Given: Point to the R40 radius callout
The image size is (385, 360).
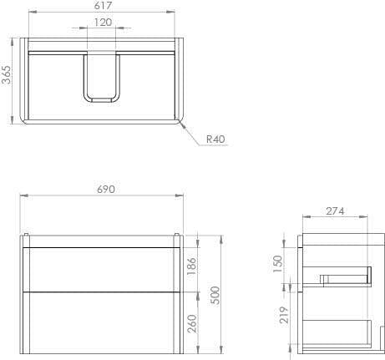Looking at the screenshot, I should click(215, 139).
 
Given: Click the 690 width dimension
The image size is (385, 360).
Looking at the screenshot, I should click(105, 190).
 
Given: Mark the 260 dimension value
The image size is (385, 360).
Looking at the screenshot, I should click(191, 322).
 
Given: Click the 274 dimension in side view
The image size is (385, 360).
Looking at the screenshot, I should click(336, 212).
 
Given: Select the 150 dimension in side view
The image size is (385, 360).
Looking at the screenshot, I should click(279, 263).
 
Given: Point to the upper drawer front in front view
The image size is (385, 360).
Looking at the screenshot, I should click(100, 269).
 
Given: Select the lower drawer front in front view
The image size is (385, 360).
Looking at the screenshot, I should click(100, 322).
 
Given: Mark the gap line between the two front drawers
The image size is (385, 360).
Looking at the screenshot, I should click(100, 291).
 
